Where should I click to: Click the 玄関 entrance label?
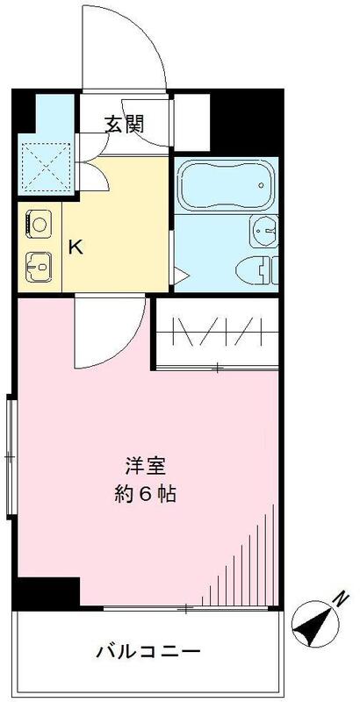tap(125, 124)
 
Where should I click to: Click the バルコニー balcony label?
tap(148, 652)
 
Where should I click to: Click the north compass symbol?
tap(313, 624)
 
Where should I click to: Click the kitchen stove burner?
tap(38, 224)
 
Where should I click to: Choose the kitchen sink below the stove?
tap(38, 263)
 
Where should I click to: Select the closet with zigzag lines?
tap(217, 332)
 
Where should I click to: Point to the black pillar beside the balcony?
tap(47, 594)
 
